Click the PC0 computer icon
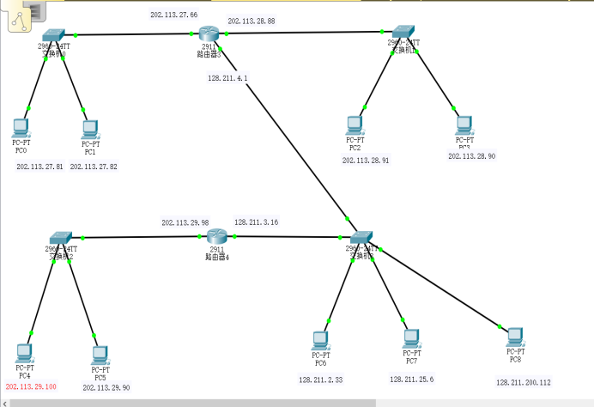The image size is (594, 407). (x=21, y=128)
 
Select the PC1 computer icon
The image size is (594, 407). (x=90, y=129)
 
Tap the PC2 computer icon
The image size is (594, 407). (x=355, y=125)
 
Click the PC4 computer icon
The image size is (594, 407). (x=24, y=352)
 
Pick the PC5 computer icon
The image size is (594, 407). (x=100, y=354)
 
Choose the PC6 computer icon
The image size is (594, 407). (x=321, y=340)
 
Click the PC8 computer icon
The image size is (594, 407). (x=514, y=336)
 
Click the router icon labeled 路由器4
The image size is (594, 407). (x=217, y=236)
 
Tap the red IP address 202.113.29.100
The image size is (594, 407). (x=31, y=387)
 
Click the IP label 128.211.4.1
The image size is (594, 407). (x=227, y=78)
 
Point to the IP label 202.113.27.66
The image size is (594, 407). (x=173, y=15)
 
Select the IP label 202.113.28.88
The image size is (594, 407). (x=252, y=20)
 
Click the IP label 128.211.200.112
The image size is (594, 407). (x=523, y=382)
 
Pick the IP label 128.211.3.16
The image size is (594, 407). (x=257, y=222)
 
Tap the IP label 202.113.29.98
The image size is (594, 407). (x=185, y=222)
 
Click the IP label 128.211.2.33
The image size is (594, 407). (x=321, y=379)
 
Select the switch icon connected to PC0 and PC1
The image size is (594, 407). (x=53, y=35)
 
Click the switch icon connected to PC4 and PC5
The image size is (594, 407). (x=60, y=237)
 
